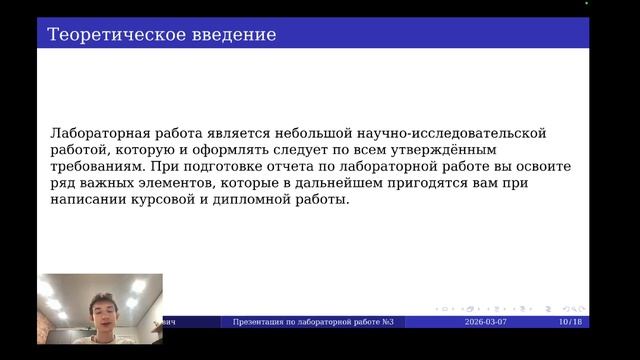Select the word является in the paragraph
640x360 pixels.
click(229, 133)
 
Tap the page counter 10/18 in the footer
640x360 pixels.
click(569, 322)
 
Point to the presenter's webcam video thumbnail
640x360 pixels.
click(100, 309)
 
